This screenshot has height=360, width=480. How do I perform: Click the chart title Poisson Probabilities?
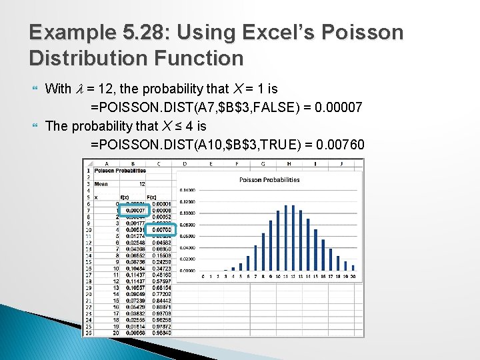pyautogui.click(x=269, y=179)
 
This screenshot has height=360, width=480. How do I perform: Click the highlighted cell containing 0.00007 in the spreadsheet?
pyautogui.click(x=136, y=211)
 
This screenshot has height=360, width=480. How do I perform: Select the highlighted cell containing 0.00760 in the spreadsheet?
pyautogui.click(x=161, y=230)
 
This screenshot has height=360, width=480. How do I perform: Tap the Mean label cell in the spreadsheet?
pyautogui.click(x=101, y=184)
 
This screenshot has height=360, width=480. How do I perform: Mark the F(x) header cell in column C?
pyautogui.click(x=151, y=197)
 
